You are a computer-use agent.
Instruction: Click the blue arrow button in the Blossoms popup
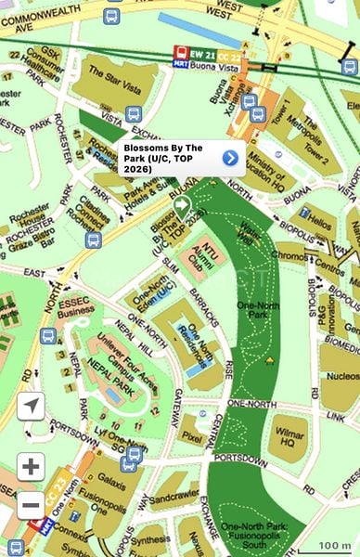(x=230, y=158)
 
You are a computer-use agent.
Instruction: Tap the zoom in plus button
(x=31, y=466)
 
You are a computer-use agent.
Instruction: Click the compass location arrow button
(x=31, y=406)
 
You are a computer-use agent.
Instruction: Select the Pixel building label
(x=192, y=434)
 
